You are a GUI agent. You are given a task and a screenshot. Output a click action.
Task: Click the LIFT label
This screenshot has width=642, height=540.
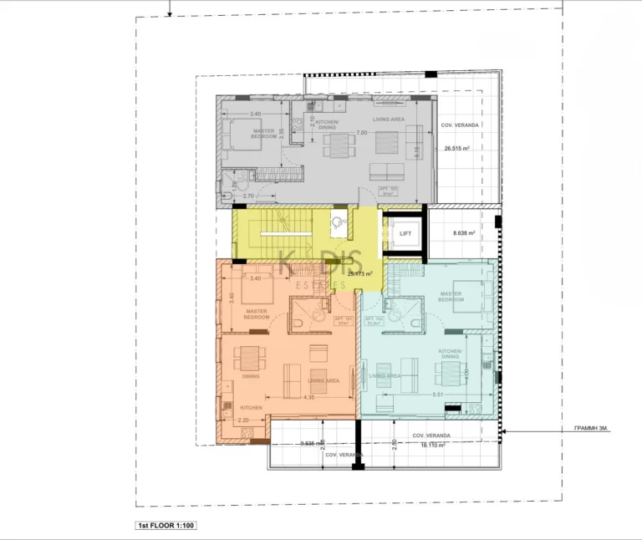(405, 234)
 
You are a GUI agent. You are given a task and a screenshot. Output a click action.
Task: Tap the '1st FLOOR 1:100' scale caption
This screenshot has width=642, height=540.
(166, 526)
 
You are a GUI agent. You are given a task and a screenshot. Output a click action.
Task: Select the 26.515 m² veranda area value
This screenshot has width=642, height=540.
(457, 148)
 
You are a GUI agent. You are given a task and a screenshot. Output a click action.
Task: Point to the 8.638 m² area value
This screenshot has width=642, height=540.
(463, 234)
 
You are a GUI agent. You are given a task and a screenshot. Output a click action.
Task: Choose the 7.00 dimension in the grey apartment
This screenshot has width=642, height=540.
(361, 133)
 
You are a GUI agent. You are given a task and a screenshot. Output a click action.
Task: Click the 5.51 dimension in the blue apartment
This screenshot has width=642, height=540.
(438, 395)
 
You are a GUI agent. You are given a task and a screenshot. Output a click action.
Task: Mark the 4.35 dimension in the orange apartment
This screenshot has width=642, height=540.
(309, 398)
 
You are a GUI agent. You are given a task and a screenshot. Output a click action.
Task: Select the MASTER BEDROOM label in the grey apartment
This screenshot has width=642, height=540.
(264, 133)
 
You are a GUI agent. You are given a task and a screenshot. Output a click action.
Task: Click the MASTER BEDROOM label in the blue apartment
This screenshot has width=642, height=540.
(451, 297)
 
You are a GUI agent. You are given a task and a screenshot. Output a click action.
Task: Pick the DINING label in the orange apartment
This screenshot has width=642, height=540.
(251, 376)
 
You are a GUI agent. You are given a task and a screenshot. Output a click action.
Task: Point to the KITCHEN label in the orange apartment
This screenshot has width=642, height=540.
(252, 408)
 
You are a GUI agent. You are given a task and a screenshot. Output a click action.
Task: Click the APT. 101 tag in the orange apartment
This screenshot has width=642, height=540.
(341, 320)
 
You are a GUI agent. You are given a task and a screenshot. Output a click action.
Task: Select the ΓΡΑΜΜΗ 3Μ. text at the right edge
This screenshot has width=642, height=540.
(592, 429)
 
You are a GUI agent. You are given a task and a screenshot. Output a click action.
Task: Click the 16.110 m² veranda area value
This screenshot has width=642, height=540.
(431, 446)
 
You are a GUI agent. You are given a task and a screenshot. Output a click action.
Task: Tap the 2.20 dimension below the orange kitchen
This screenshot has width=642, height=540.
(244, 420)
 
